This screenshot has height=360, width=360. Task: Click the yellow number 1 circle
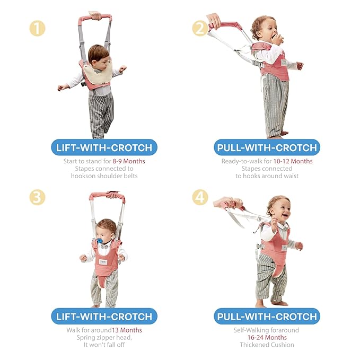point(37,28)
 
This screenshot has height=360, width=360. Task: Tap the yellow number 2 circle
point(200,28)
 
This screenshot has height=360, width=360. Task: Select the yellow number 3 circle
point(37,197)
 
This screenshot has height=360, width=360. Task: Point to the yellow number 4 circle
point(200,197)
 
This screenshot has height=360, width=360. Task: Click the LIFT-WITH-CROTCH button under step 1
point(104,147)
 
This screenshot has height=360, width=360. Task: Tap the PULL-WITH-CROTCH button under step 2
point(267,147)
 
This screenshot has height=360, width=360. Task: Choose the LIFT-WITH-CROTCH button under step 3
point(104,316)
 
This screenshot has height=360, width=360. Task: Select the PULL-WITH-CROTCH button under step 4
point(267,316)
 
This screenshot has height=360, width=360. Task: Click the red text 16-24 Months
point(267,338)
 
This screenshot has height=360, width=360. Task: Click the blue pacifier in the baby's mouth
point(99,241)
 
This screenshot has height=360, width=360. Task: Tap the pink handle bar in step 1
point(96,19)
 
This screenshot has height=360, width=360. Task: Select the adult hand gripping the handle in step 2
point(214,21)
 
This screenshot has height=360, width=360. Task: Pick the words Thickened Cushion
point(267,345)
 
